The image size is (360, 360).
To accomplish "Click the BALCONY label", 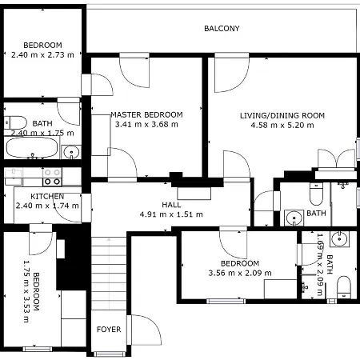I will (222, 29).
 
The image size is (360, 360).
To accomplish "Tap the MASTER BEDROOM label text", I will (146, 114).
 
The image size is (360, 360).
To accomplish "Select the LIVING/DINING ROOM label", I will (282, 115).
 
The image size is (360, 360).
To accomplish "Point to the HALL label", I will (171, 205).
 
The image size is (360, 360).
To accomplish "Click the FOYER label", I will (108, 329).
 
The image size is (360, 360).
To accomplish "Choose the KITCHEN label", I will (47, 196).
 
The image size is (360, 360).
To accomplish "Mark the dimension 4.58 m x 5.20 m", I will (282, 126).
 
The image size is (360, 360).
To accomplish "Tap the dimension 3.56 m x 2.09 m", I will (240, 274).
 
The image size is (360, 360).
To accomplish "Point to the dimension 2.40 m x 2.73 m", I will (42, 55).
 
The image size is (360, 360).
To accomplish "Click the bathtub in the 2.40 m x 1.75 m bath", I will (33, 148).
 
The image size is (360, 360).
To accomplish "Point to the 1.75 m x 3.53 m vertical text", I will (29, 290).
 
